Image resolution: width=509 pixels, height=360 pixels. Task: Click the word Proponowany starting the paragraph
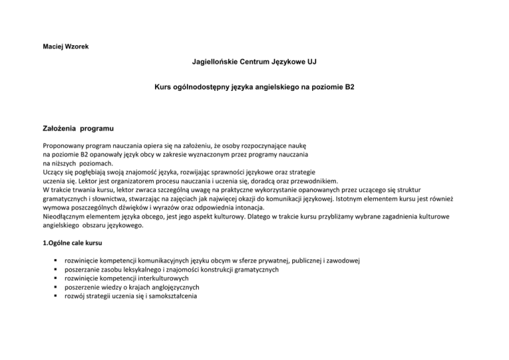click(x=65, y=143)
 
